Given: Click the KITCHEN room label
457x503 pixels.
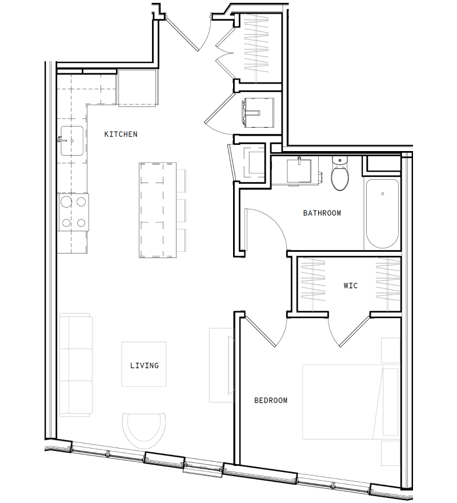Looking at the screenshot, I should [x=121, y=134].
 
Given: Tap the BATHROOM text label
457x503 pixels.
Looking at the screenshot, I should [x=322, y=213].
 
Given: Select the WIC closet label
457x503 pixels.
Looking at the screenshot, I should [x=350, y=286].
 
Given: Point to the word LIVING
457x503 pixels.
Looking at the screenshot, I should [x=144, y=365].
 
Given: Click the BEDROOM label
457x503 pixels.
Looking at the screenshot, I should [x=271, y=401].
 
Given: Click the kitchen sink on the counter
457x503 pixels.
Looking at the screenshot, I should [x=71, y=140].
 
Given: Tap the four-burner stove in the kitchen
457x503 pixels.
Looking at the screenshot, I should [x=74, y=212].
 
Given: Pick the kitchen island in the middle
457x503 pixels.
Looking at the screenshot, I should [x=158, y=210].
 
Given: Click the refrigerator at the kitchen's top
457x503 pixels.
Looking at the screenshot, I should [x=137, y=88].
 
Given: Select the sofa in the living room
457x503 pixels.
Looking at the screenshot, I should [x=75, y=365].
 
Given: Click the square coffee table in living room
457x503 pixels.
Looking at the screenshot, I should [x=144, y=365].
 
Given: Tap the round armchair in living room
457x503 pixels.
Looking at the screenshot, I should [x=145, y=429].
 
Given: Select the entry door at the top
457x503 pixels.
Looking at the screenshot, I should [x=187, y=29].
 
